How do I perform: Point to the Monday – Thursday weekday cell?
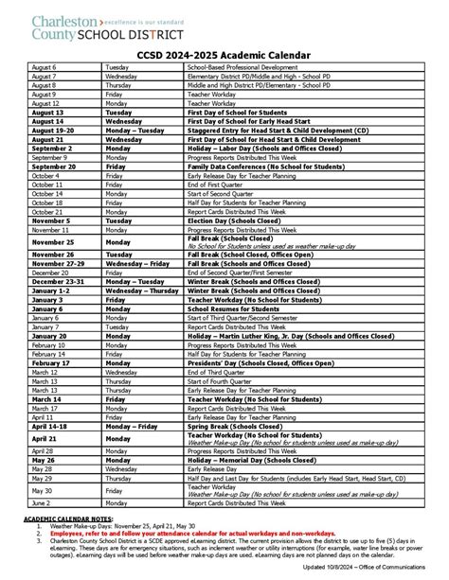(x=142, y=290)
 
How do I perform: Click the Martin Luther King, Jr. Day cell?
(x=285, y=335)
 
